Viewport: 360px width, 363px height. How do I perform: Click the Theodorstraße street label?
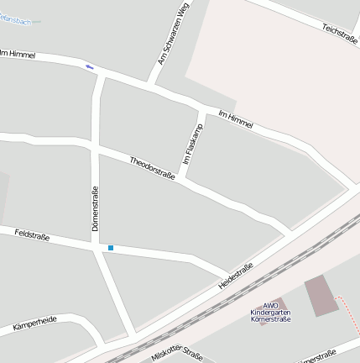click(x=152, y=168)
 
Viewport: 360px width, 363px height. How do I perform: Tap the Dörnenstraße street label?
click(x=95, y=208)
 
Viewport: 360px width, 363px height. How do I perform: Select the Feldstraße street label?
click(x=32, y=235)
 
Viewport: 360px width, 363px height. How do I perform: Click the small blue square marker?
click(x=110, y=248)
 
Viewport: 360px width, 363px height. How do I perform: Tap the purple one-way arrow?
click(x=89, y=66)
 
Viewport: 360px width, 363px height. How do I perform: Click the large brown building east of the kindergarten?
click(x=321, y=296)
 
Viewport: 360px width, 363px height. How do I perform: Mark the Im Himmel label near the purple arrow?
click(x=18, y=55)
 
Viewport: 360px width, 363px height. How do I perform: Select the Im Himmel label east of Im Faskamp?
click(x=235, y=118)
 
